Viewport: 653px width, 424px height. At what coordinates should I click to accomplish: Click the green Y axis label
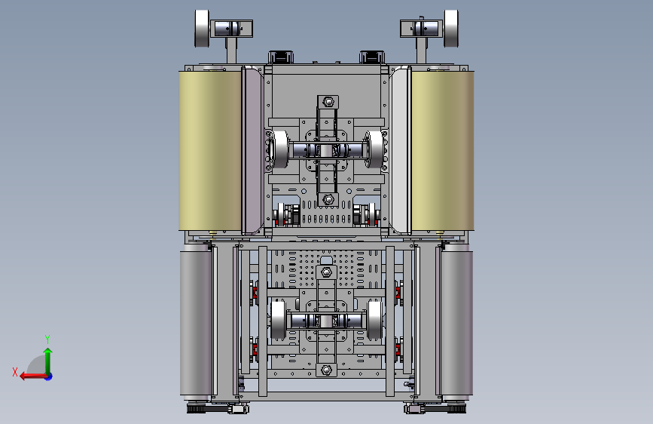click(x=47, y=339)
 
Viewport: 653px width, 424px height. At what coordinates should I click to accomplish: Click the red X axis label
click(x=15, y=372)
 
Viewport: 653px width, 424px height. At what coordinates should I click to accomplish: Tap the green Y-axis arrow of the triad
click(x=48, y=361)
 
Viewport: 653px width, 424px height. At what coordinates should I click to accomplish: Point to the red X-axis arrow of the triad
click(x=34, y=376)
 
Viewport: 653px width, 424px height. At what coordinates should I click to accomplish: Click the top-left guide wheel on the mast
click(x=202, y=29)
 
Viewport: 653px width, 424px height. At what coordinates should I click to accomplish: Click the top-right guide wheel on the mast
click(x=451, y=29)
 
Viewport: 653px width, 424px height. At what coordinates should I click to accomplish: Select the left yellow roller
click(x=210, y=151)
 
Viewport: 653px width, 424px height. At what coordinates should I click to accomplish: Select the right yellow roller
click(x=443, y=151)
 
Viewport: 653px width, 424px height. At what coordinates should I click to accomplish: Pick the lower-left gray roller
click(x=196, y=321)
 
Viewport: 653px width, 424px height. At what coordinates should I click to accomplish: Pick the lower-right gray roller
click(x=457, y=321)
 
